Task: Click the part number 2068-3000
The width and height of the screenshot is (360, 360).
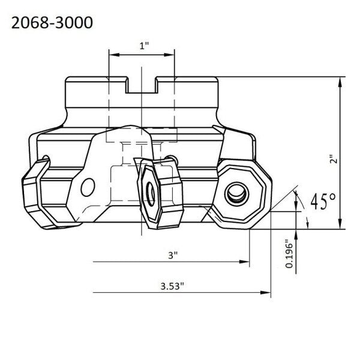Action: [x=52, y=23]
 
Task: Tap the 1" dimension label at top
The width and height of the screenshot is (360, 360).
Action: [x=144, y=46]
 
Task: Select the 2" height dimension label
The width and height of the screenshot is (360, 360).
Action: [x=334, y=159]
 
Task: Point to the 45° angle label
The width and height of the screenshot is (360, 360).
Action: [x=323, y=201]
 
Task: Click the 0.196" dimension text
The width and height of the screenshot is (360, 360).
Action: [x=290, y=254]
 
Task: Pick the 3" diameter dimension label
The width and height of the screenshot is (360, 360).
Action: [x=173, y=255]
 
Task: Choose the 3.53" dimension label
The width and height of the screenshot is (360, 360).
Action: [x=172, y=286]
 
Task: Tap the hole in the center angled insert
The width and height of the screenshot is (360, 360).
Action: [x=151, y=194]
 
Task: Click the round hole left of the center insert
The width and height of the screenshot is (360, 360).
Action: [x=88, y=187]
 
